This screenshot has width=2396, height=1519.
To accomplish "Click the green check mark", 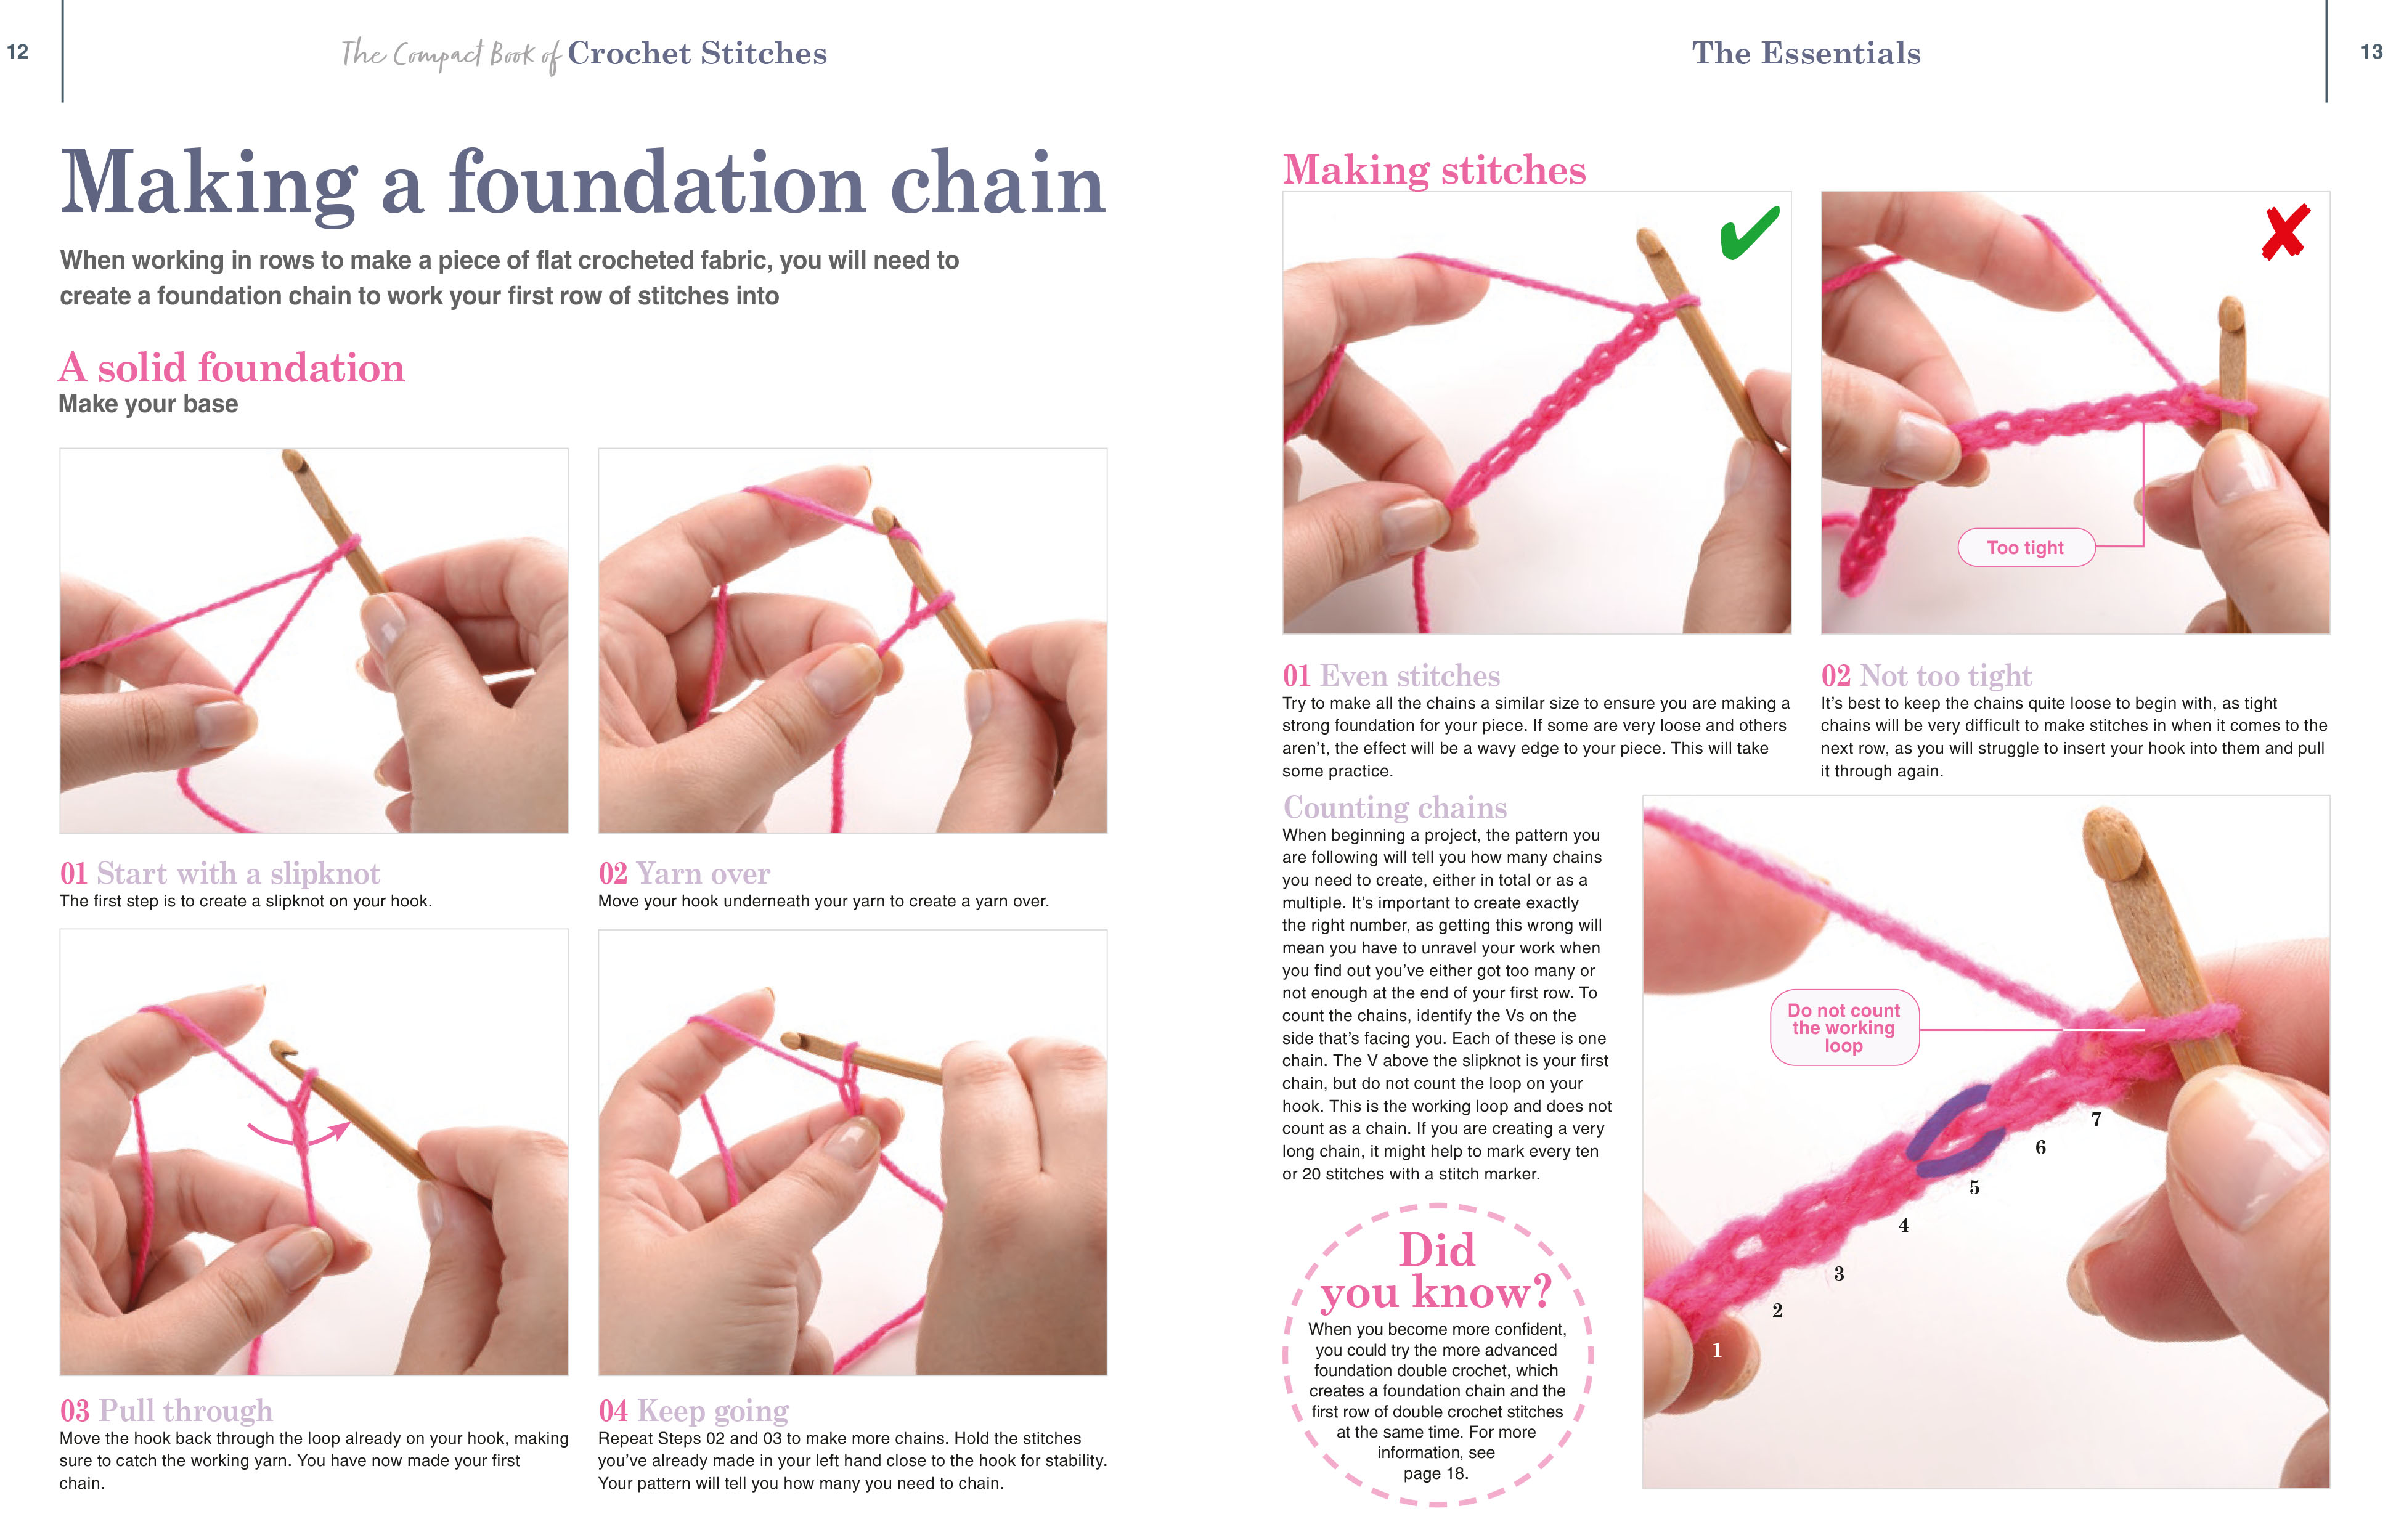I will pos(1748,233).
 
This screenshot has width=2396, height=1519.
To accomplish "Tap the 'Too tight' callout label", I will pos(2025,547).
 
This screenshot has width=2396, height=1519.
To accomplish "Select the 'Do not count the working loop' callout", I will pos(1843,1028).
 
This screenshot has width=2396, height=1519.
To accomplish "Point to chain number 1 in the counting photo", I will pos(1716,1350).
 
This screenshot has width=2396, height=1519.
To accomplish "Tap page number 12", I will pos(18,52).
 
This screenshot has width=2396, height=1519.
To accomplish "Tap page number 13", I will pos(2372,52).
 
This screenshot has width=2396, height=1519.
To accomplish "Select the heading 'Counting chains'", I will pos(1394,807).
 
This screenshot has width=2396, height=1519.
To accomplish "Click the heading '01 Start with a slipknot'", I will pos(220,873).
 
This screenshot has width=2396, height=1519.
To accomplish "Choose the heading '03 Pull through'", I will pos(166,1411).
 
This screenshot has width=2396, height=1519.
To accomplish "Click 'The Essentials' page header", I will pos(1806,53).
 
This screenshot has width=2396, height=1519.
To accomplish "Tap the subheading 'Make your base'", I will pos(149,404).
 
